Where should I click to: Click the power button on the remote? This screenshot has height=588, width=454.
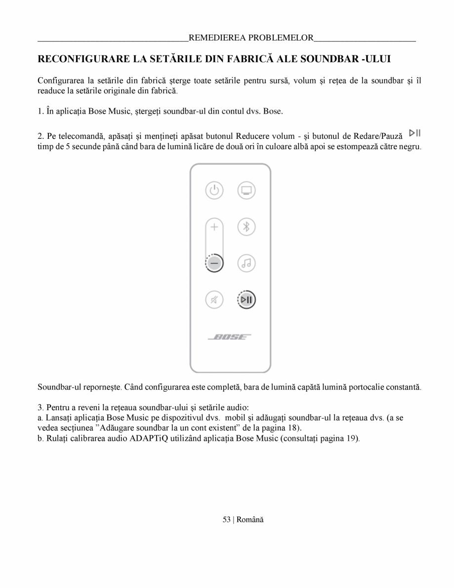[x=214, y=190]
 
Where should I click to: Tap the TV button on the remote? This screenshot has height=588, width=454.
[x=246, y=190]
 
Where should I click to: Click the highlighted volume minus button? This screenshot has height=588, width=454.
[x=214, y=263]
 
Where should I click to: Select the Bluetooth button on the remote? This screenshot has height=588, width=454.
[x=246, y=227]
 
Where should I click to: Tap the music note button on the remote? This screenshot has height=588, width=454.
[x=246, y=263]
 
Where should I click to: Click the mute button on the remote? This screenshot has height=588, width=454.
[x=214, y=299]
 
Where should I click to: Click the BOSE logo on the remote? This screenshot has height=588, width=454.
[x=230, y=337]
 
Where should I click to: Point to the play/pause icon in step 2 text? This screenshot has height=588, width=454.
[x=414, y=132]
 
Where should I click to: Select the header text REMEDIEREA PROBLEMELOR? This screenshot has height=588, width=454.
[x=251, y=38]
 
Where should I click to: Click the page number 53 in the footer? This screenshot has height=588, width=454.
[x=226, y=519]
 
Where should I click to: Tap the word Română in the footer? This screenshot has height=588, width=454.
[x=250, y=519]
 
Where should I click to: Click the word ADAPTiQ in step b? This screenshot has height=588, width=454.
[x=149, y=439]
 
